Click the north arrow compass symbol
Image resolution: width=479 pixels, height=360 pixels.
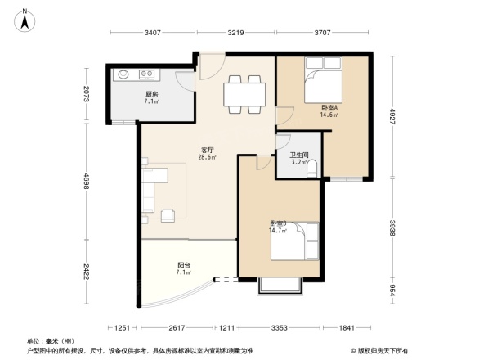point(25,19)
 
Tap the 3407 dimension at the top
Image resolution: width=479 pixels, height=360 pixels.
point(152,33)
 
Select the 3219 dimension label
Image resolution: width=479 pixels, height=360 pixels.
point(235,33)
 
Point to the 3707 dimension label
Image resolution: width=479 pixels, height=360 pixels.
point(321,33)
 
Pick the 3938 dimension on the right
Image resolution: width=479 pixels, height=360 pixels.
point(392,226)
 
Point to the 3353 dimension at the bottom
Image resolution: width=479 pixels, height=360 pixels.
point(279,328)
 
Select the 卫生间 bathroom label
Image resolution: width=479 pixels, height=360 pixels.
point(299,158)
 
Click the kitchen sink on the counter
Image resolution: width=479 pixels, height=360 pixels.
point(124,74)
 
